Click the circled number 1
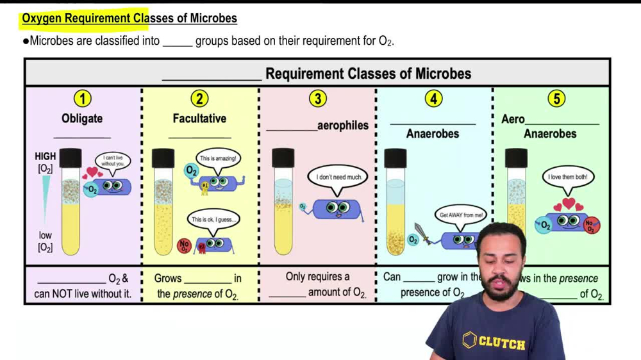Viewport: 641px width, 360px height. (82, 99)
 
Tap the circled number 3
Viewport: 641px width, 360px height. (317, 99)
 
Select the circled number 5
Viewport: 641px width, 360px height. (556, 99)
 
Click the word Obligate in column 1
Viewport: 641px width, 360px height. (82, 119)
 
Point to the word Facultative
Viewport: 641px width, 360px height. (199, 119)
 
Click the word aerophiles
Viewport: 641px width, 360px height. (343, 126)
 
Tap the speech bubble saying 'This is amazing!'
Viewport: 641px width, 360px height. (218, 158)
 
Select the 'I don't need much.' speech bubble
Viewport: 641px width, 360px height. (338, 177)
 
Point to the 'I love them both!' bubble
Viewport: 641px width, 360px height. (567, 177)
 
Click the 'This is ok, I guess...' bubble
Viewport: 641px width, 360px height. (214, 220)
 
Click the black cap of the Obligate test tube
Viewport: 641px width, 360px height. (71, 158)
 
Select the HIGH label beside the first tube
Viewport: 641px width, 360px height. (46, 156)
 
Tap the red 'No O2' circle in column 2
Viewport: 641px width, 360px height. (185, 245)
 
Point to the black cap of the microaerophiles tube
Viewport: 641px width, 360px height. (283, 158)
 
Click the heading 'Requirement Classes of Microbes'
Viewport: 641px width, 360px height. (368, 74)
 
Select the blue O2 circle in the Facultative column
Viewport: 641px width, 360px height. (191, 171)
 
